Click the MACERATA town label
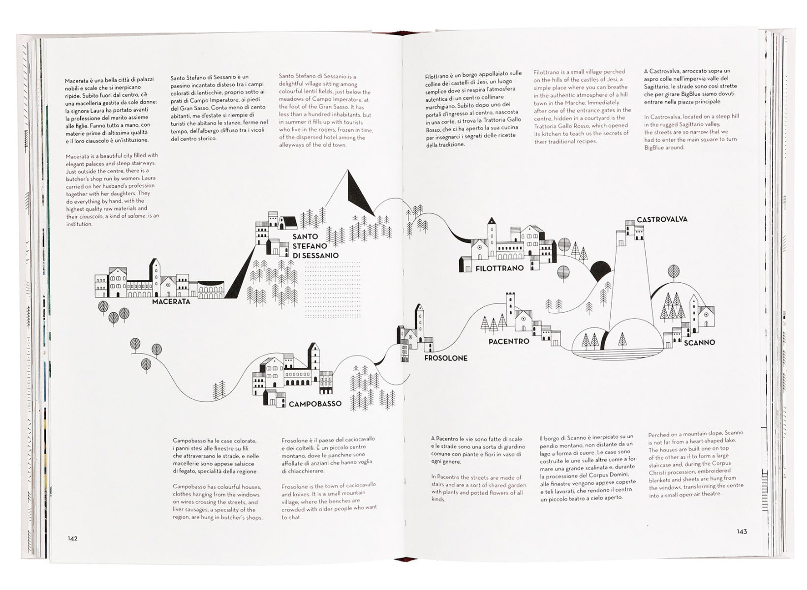click(171, 301)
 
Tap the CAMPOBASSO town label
click(315, 404)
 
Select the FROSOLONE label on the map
click(446, 358)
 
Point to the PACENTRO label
click(509, 341)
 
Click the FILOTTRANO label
click(499, 268)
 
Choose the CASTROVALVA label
click(662, 219)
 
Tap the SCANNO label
click(699, 342)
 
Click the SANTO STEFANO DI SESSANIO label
click(315, 246)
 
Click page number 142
click(72, 538)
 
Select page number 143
click(742, 531)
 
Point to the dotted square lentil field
click(333, 290)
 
